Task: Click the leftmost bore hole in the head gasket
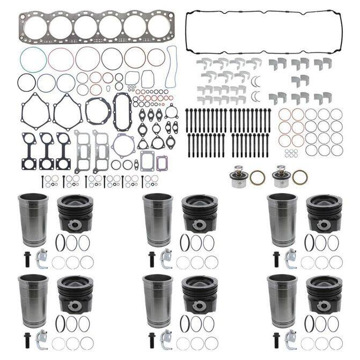(x=37, y=27)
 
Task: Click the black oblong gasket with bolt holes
(x=121, y=112)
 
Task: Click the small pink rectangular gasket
(x=161, y=160)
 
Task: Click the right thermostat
(x=280, y=178)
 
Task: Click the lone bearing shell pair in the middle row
(x=300, y=80)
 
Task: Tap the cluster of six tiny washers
(x=291, y=153)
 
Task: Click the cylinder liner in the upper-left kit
(x=33, y=219)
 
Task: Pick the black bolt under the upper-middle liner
(x=152, y=256)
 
